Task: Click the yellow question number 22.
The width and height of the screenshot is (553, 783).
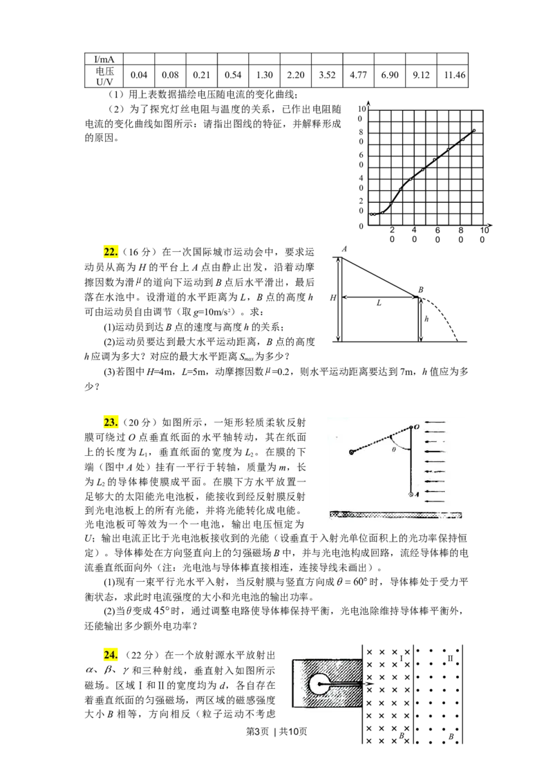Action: point(111,252)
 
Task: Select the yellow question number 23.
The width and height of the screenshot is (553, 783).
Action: point(111,422)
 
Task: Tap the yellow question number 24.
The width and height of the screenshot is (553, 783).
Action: point(111,654)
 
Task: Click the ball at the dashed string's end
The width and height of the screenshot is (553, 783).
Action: point(352,452)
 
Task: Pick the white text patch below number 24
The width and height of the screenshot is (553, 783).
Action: point(108,670)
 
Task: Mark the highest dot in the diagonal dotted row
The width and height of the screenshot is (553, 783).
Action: point(474,129)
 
